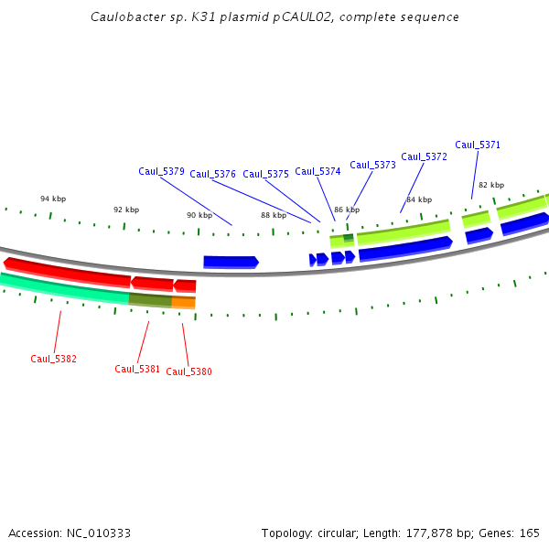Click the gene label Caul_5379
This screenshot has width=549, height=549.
[161, 171]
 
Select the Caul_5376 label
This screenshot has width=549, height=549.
[212, 174]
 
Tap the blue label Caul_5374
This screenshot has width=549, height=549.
[318, 171]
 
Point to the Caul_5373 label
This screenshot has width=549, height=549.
[372, 165]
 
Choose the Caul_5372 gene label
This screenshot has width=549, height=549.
[424, 156]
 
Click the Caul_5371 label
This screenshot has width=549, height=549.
[478, 145]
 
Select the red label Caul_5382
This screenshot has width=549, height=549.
[53, 359]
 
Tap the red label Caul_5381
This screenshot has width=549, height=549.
[137, 369]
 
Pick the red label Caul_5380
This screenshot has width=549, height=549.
[188, 371]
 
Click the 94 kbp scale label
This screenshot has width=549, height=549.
[53, 199]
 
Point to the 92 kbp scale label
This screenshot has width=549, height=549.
[126, 210]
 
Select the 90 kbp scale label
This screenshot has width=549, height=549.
[199, 215]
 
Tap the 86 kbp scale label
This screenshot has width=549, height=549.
[347, 210]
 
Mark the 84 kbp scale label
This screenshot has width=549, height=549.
[418, 199]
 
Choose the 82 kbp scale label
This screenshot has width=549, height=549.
[491, 185]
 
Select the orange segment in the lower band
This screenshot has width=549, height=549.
[183, 302]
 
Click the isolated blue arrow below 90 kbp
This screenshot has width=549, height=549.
[231, 262]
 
